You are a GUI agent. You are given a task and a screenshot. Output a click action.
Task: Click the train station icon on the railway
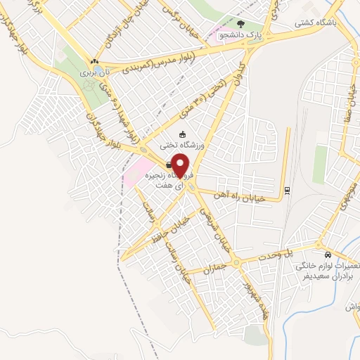click(286, 189)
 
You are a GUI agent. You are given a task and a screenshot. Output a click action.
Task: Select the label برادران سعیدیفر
click(325, 277)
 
